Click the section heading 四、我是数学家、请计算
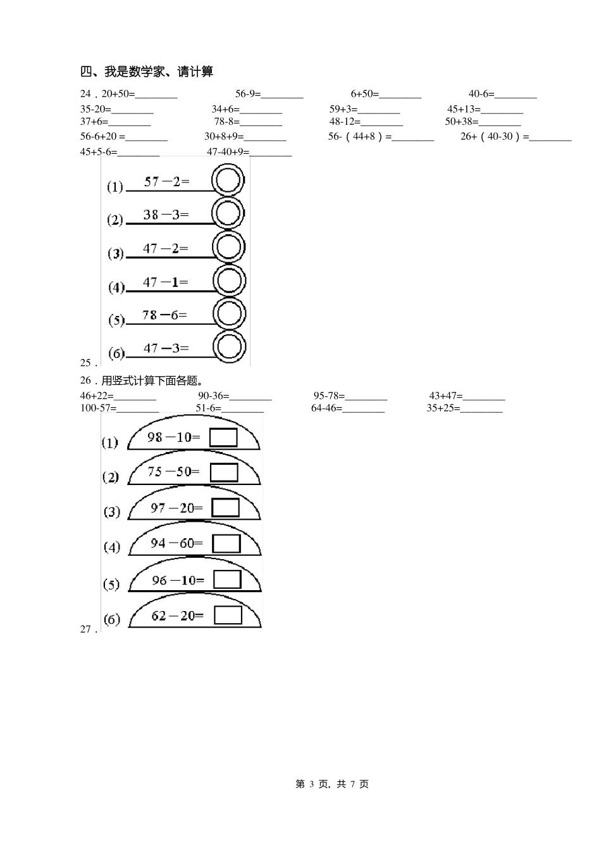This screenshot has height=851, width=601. [147, 72]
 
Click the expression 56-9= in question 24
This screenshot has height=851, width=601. [248, 94]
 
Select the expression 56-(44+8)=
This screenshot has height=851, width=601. [360, 136]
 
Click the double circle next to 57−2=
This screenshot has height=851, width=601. [228, 180]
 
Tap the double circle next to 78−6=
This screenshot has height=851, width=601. [229, 313]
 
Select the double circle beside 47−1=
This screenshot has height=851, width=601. [229, 281]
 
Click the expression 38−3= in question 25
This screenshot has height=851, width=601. [166, 215]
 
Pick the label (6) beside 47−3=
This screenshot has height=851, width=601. [116, 353]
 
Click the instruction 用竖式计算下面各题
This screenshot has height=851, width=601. [152, 381]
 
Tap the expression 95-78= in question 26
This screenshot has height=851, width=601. [329, 396]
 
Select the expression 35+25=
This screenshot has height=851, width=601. [443, 408]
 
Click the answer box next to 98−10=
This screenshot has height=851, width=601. [223, 438]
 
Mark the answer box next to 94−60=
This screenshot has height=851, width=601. [226, 543]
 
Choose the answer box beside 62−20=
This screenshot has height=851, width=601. [228, 615]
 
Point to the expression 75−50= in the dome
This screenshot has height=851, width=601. [173, 472]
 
